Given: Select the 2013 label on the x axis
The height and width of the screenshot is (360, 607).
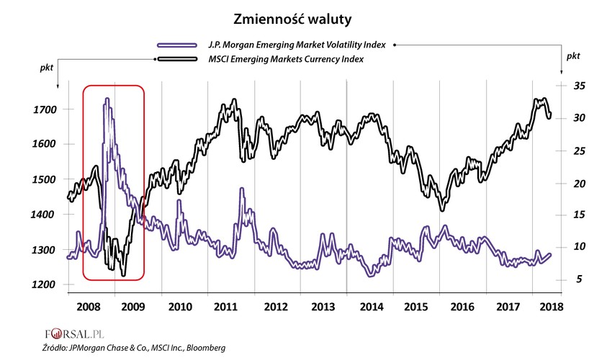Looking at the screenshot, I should click(x=323, y=307).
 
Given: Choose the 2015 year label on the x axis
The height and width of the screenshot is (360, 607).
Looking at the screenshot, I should click(x=418, y=307).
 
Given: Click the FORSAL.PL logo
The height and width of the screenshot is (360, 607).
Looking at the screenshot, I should click(x=71, y=334).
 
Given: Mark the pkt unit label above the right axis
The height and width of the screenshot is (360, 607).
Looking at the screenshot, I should click(x=573, y=55).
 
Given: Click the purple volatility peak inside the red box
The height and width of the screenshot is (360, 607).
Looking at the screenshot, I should click(x=107, y=99).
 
